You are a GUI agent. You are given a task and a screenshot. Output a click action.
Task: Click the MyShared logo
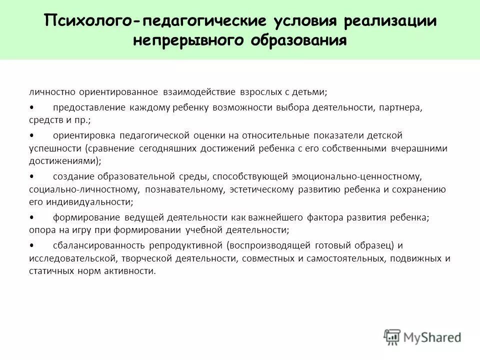(x=422, y=336)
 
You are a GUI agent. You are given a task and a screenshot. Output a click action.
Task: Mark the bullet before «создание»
(x=31, y=176)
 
